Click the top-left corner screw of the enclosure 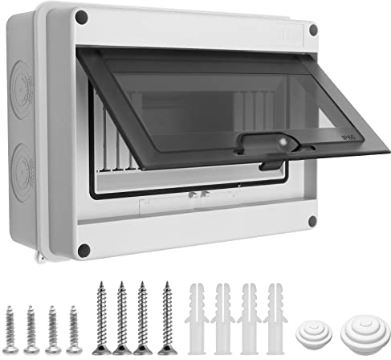pyautogui.click(x=81, y=16)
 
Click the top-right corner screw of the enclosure pyautogui.click(x=312, y=30)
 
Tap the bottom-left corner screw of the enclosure pyautogui.click(x=83, y=250)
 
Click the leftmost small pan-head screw pyautogui.click(x=12, y=328)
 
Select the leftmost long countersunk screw pyautogui.click(x=101, y=317)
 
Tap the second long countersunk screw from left pyautogui.click(x=123, y=317)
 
